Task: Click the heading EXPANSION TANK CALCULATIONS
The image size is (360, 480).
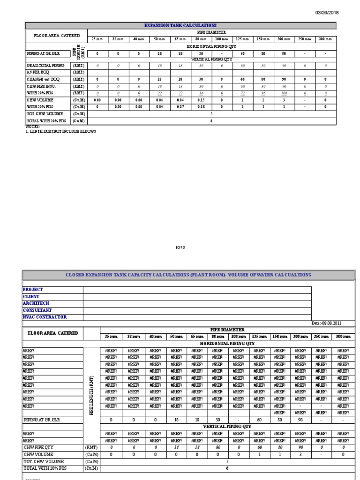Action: pyautogui.click(x=180, y=25)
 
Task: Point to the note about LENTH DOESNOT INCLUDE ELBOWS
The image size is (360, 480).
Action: pyautogui.click(x=61, y=131)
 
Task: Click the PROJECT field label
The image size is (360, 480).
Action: pyautogui.click(x=33, y=290)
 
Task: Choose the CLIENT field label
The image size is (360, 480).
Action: pyautogui.click(x=31, y=297)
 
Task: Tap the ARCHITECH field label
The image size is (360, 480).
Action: pyautogui.click(x=35, y=303)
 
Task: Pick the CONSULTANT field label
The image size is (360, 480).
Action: pyautogui.click(x=37, y=310)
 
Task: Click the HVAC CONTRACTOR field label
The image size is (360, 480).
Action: pyautogui.click(x=45, y=317)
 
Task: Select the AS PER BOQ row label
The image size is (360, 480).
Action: pyautogui.click(x=38, y=72)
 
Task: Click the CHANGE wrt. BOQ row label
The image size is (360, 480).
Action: pyautogui.click(x=43, y=79)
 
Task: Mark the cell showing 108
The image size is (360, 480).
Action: pyautogui.click(x=284, y=93)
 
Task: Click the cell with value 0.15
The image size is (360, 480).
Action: pyautogui.click(x=201, y=100)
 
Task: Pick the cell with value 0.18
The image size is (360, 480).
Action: pyautogui.click(x=201, y=107)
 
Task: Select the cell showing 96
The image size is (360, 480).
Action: pyautogui.click(x=263, y=93)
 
